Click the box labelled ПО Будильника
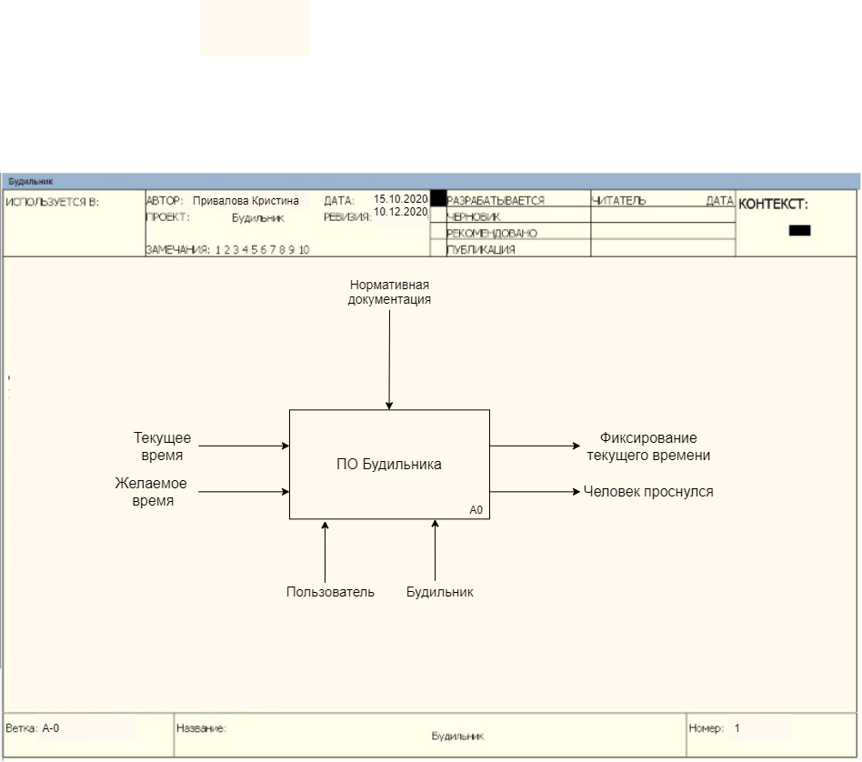[389, 464]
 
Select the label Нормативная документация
[389, 292]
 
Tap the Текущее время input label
[163, 446]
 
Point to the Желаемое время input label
[151, 492]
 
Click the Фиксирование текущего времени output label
[648, 446]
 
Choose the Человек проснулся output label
[648, 492]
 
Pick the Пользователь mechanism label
[330, 592]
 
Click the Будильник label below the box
[440, 592]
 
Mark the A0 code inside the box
[476, 510]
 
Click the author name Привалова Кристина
[246, 201]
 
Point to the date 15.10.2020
[400, 199]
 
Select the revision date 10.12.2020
[400, 212]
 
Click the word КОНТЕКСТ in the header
[772, 205]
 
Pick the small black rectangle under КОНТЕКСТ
[799, 231]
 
